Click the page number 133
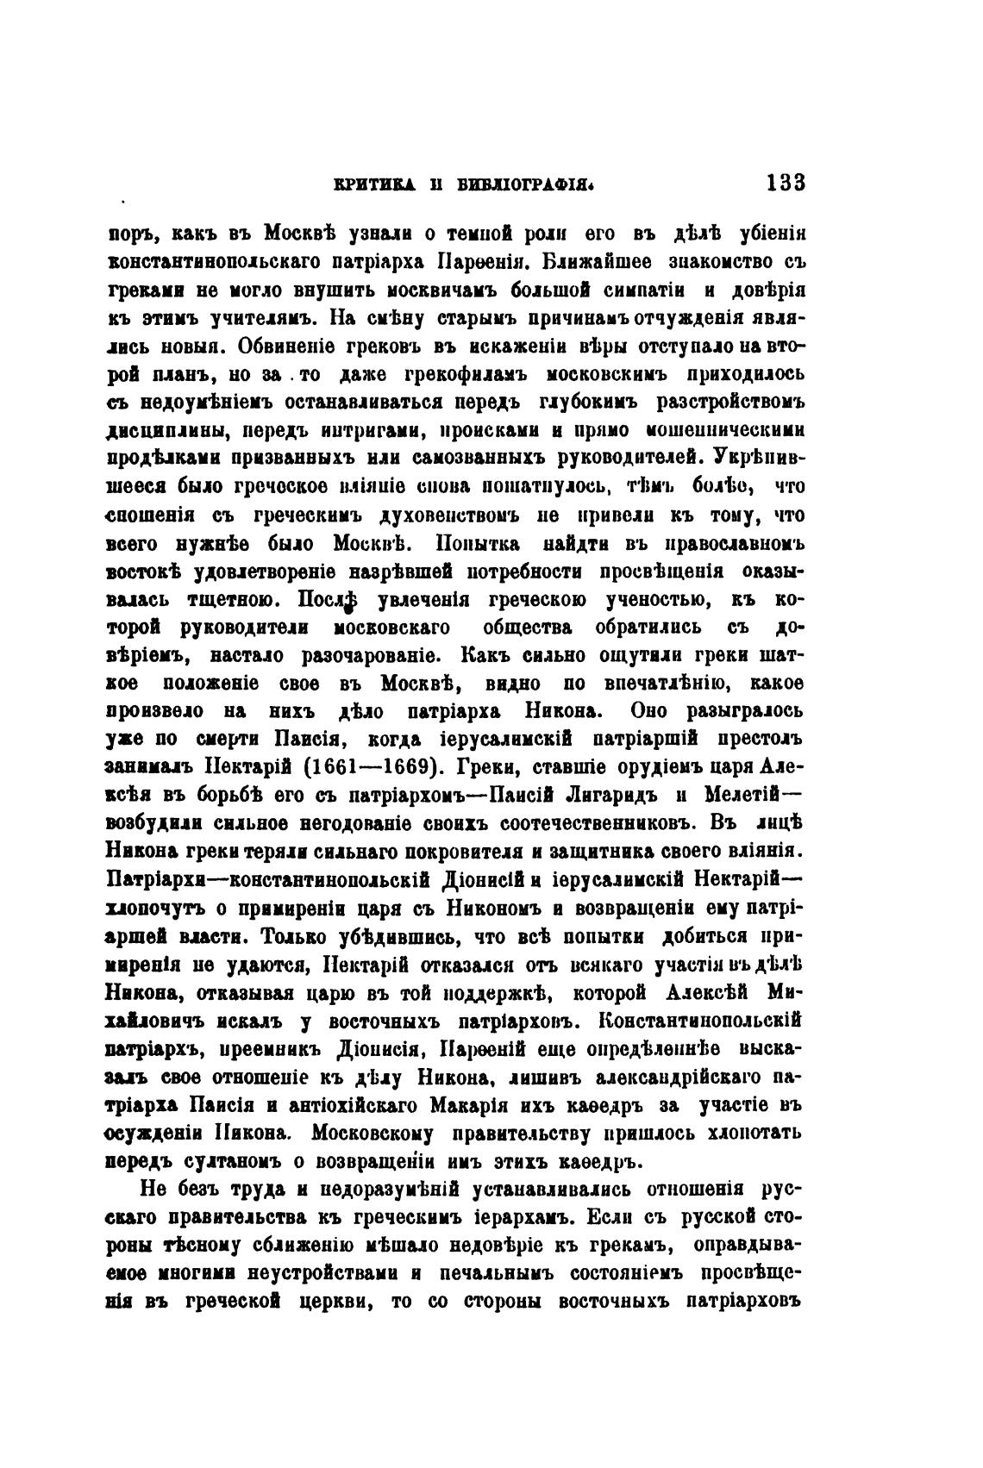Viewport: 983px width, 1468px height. point(783,183)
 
